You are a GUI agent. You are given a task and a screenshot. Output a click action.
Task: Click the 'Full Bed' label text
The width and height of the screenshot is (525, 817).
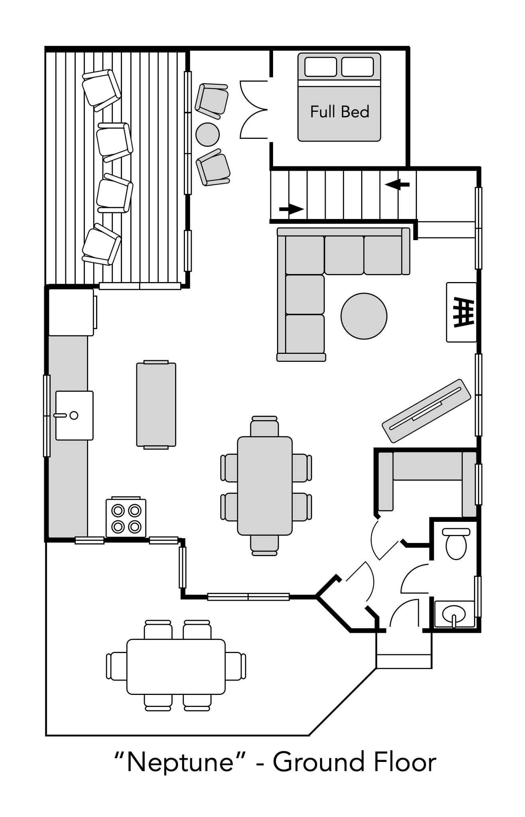tap(339, 112)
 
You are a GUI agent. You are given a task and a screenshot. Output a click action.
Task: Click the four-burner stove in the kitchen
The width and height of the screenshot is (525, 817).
tap(126, 518)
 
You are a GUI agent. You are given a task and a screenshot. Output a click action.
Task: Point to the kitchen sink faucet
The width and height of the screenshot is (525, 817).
tap(61, 415)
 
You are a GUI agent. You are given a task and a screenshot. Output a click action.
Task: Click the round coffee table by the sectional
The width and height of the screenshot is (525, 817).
tap(364, 316)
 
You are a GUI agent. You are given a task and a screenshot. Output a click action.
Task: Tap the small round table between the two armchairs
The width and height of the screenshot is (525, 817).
tap(207, 134)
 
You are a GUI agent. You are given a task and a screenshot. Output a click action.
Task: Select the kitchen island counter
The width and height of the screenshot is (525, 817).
tap(156, 404)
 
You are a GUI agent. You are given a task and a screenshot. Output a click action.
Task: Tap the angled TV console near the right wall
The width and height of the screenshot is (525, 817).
tap(426, 410)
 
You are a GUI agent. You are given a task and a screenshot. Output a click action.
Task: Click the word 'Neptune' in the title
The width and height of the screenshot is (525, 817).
tap(180, 762)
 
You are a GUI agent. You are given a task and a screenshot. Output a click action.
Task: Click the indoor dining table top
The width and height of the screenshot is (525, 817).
tap(265, 485)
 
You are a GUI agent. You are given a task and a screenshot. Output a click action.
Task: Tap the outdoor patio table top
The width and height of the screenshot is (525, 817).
tap(176, 667)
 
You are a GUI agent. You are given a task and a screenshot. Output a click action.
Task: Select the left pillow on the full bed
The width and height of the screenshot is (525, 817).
tap(321, 67)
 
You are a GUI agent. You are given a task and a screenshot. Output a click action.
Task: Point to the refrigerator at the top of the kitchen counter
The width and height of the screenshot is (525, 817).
tap(71, 312)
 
